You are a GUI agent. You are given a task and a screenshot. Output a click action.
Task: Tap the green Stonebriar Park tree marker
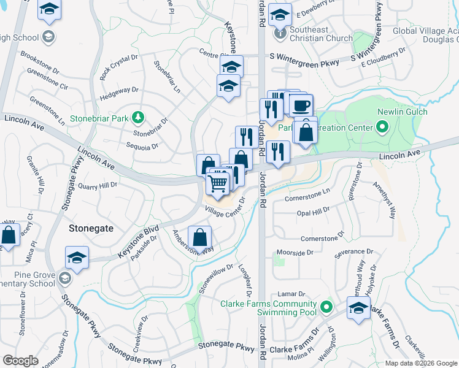coord(139,116)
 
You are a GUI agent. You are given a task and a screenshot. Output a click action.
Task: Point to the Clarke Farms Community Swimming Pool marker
coord(326,306)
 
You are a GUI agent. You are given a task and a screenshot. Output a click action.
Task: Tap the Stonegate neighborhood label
coord(91,228)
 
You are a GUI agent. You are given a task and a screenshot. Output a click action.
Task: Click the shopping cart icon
coord(218,182)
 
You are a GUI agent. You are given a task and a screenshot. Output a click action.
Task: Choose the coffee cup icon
coord(301,105)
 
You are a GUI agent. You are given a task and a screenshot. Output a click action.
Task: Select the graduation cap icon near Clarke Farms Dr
coord(358,309)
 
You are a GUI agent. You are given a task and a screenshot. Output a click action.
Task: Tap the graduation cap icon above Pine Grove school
coord(77,258)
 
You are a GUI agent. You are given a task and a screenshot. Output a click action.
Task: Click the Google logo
coord(20,360)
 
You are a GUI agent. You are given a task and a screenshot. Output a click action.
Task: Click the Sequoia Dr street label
coord(142,146)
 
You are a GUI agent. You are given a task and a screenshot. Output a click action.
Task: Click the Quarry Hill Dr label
coord(97,185)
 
